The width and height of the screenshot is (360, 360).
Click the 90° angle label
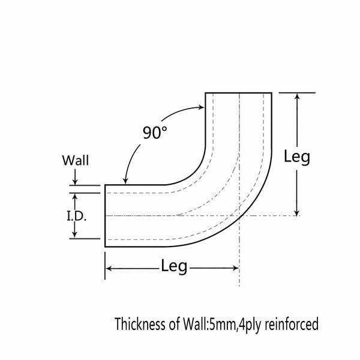click(x=154, y=133)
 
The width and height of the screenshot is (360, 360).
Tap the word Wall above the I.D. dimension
click(x=76, y=161)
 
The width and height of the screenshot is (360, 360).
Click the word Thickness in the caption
click(x=140, y=325)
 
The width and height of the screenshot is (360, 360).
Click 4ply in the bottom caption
click(x=250, y=325)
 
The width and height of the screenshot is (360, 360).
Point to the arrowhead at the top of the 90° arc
click(x=202, y=107)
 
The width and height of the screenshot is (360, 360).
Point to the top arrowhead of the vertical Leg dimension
click(x=296, y=97)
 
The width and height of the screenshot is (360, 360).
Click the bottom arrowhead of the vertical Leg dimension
click(x=296, y=211)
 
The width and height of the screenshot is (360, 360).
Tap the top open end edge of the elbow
click(x=239, y=93)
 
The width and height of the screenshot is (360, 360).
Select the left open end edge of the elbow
click(x=106, y=215)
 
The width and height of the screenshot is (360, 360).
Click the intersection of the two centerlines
click(x=239, y=215)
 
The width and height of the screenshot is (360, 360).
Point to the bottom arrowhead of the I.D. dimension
click(x=76, y=235)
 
